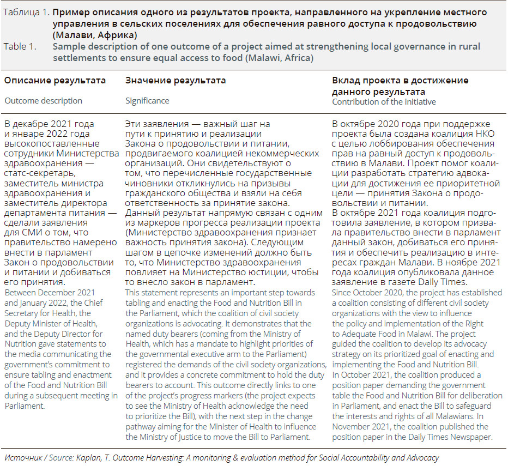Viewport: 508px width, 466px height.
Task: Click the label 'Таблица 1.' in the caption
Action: [25, 11]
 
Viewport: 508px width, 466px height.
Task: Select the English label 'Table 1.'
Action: [20, 46]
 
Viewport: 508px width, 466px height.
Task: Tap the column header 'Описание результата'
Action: [55, 80]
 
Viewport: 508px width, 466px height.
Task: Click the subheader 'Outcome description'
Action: [43, 100]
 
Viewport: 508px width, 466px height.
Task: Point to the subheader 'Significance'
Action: [147, 100]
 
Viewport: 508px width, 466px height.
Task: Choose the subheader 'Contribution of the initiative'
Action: [384, 102]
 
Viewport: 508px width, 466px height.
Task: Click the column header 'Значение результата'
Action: [176, 80]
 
